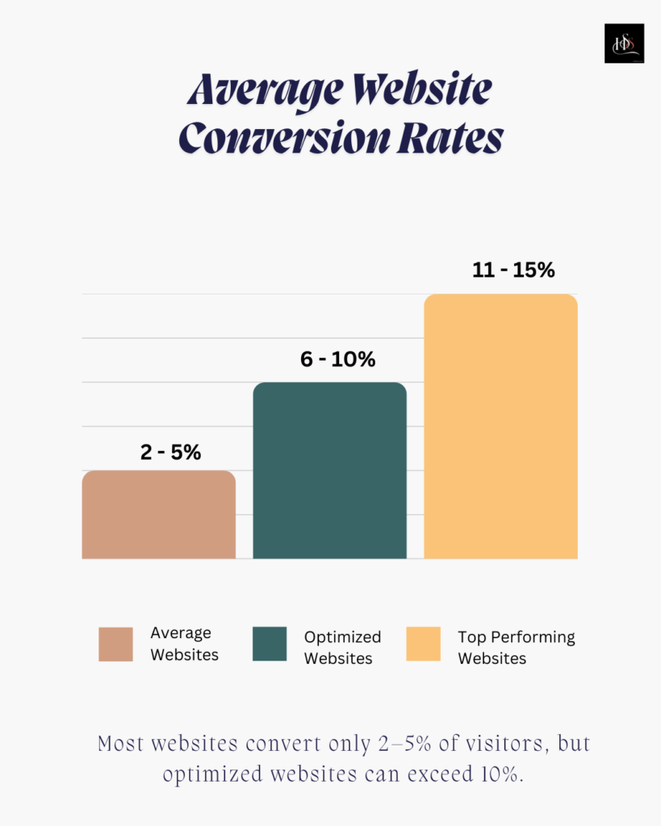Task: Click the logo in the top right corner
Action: [624, 44]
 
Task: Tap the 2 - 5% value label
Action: [170, 453]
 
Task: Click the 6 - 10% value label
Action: [337, 360]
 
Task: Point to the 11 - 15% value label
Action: [513, 270]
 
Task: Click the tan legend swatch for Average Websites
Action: [115, 645]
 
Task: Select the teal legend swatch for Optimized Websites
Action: [270, 645]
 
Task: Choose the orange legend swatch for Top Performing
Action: [424, 645]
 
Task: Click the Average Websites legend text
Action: [184, 644]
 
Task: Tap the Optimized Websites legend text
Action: [342, 648]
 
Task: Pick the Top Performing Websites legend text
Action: [517, 648]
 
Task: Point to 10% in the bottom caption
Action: [503, 775]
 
